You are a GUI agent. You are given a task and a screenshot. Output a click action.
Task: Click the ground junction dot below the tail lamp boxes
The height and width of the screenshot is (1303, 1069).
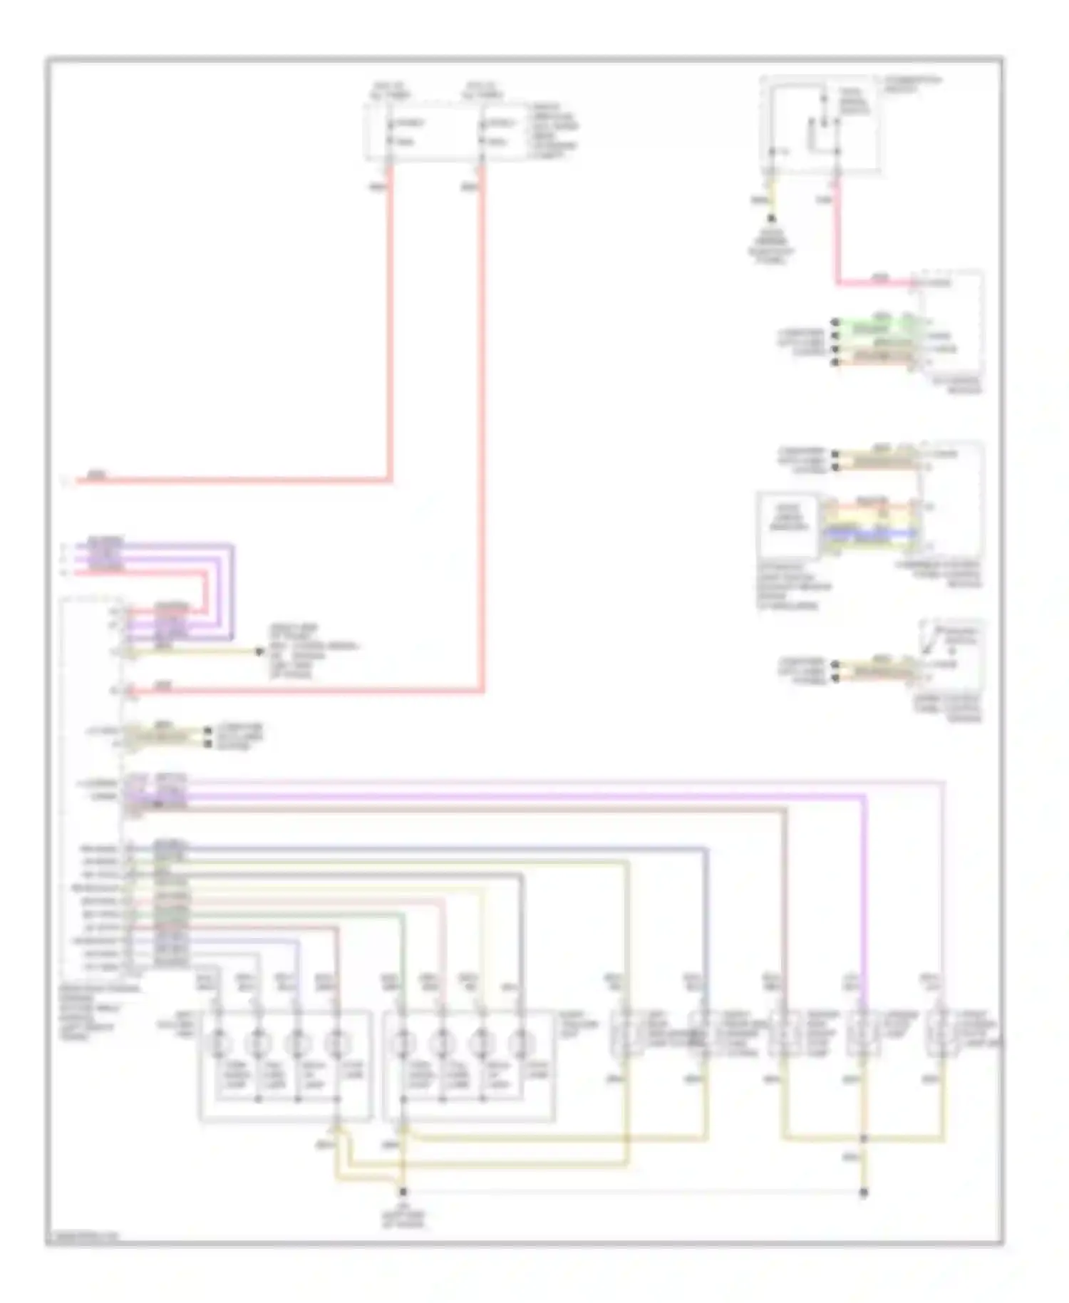[403, 1192]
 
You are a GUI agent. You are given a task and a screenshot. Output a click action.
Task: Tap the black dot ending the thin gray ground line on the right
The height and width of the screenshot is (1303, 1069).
[863, 1192]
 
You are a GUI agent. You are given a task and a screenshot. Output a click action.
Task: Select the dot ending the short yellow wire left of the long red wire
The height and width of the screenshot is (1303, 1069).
[260, 651]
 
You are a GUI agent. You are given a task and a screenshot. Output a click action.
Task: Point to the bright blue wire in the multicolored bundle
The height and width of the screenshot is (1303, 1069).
[869, 532]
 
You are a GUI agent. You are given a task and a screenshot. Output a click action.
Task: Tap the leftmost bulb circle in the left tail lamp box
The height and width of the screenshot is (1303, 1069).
[219, 1044]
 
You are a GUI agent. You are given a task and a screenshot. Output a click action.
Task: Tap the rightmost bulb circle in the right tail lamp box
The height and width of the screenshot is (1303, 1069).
[522, 1044]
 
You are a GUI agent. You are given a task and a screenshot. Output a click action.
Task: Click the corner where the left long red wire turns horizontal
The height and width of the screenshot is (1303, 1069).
[391, 480]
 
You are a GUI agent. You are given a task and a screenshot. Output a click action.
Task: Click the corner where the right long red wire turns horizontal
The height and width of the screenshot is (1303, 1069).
[483, 690]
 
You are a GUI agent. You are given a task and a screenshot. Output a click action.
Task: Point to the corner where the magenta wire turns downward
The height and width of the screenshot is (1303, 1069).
[865, 797]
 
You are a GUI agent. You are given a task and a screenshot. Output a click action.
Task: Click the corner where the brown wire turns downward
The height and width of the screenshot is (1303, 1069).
[785, 809]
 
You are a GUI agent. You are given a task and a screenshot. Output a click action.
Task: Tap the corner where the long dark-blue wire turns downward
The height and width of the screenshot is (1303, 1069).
[706, 849]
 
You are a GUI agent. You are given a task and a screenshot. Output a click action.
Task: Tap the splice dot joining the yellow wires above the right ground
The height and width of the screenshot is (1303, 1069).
[863, 1139]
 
